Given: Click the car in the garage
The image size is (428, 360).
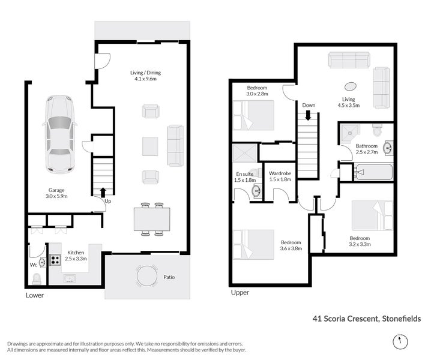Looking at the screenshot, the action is tap(60, 134).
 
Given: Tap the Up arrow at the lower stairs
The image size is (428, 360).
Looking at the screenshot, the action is tap(103, 193).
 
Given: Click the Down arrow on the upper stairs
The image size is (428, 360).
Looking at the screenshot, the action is tap(308, 115).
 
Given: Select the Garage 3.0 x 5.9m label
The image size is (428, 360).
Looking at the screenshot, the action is tap(56, 193).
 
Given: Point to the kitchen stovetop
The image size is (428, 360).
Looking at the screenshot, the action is tap(55, 260).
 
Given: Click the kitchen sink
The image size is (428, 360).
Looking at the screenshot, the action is tap(70, 278).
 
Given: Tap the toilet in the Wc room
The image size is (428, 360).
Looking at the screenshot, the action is tap(37, 280).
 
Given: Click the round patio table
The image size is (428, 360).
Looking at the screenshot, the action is tap(147, 275).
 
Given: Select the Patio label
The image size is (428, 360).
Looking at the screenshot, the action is tap(169, 277).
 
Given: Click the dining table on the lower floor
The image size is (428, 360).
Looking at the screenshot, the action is tap(152, 219).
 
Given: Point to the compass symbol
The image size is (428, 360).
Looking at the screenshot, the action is tap(400, 341).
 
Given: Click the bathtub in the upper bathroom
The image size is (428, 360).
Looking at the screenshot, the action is tap(374, 172).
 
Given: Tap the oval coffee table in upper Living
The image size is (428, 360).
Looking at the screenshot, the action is tap(351, 86).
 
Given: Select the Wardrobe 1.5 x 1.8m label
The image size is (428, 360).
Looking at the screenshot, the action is tap(280, 176).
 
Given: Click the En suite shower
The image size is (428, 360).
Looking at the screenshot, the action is tap(244, 153).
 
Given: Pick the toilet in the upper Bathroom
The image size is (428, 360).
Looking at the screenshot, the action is tap(377, 130).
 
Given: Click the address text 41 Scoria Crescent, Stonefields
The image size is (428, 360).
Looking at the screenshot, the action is tap(367, 319).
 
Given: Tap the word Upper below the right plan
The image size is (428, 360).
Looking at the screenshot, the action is tap(240, 293).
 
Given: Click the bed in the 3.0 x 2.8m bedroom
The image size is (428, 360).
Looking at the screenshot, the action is tap(253, 115).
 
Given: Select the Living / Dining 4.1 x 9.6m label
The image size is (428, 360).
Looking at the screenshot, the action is tap(145, 76).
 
